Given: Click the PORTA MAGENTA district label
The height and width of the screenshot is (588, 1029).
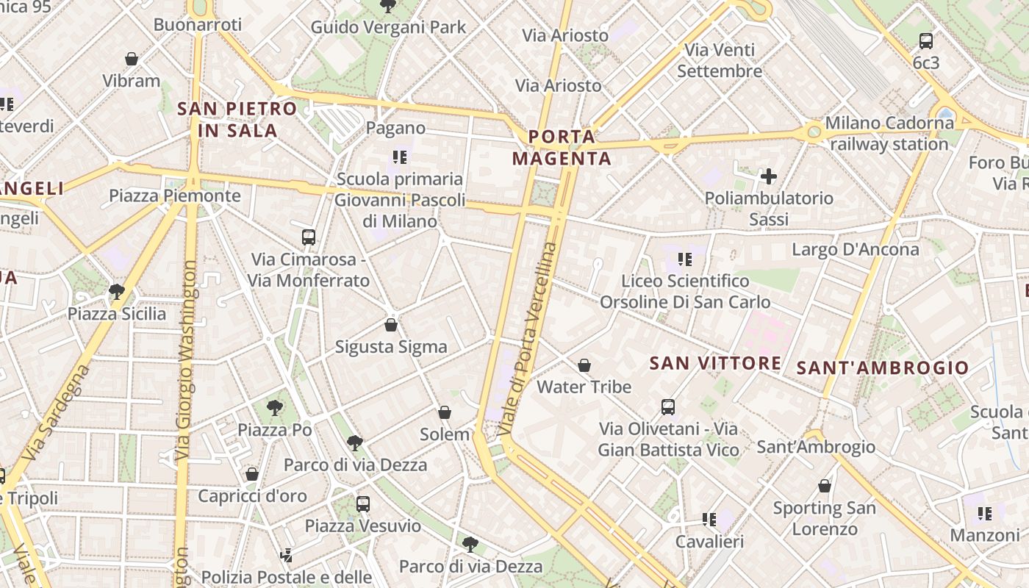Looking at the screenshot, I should [562, 148].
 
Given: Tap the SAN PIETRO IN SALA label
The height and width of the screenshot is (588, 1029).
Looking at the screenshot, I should [237, 120].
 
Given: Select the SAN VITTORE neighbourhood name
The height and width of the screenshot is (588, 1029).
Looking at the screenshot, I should [715, 362].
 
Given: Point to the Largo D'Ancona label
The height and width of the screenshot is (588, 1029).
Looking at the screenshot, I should [855, 249].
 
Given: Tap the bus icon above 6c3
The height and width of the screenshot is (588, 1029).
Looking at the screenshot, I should [926, 41].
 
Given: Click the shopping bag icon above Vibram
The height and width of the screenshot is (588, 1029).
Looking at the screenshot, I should [132, 59].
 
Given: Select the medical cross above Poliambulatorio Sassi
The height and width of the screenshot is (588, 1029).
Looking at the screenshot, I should [769, 176].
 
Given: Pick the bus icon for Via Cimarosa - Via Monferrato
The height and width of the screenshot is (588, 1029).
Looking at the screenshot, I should [309, 237].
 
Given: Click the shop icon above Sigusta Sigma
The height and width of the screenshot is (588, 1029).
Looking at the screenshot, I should [391, 325].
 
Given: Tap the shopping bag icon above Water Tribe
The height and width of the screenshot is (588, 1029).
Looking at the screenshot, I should [584, 365].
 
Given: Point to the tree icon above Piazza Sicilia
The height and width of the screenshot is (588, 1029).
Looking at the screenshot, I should [116, 292].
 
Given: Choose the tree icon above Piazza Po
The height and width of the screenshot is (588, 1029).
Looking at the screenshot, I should [275, 408].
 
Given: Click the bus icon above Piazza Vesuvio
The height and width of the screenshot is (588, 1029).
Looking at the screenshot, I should [363, 504].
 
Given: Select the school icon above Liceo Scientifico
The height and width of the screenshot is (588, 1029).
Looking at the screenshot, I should [685, 259].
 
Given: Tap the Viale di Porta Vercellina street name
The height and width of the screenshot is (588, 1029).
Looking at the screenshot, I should [528, 338].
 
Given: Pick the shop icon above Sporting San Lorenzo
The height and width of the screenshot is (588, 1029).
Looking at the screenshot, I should [825, 486].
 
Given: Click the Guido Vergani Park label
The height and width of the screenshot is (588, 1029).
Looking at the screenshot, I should [388, 27].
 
